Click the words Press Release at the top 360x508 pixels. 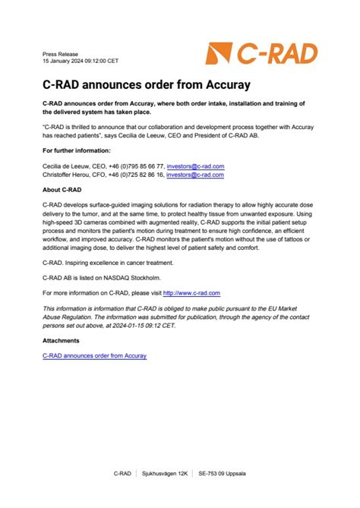tap(58, 55)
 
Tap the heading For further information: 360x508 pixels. tap(77, 150)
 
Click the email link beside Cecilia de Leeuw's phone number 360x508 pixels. tap(195, 166)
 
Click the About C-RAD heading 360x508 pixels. tap(62, 190)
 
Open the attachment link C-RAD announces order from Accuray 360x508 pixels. tap(94, 355)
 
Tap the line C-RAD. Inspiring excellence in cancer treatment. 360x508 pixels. tap(108, 263)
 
